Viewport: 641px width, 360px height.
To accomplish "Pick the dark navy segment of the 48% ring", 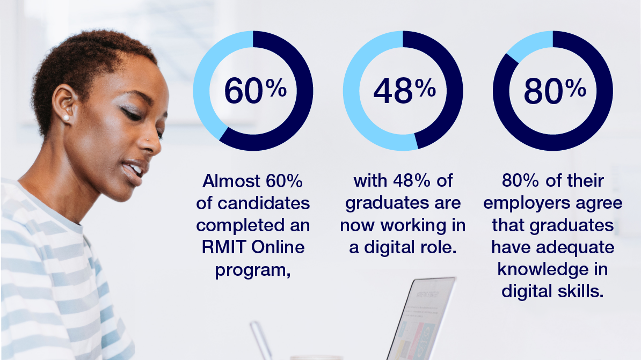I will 448,91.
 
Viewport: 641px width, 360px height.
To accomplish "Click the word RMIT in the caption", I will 221,247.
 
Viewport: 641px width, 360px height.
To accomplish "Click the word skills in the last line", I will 580,291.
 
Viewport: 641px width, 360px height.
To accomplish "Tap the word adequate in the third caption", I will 581,247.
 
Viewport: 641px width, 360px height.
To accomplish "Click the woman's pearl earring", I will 67,117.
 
